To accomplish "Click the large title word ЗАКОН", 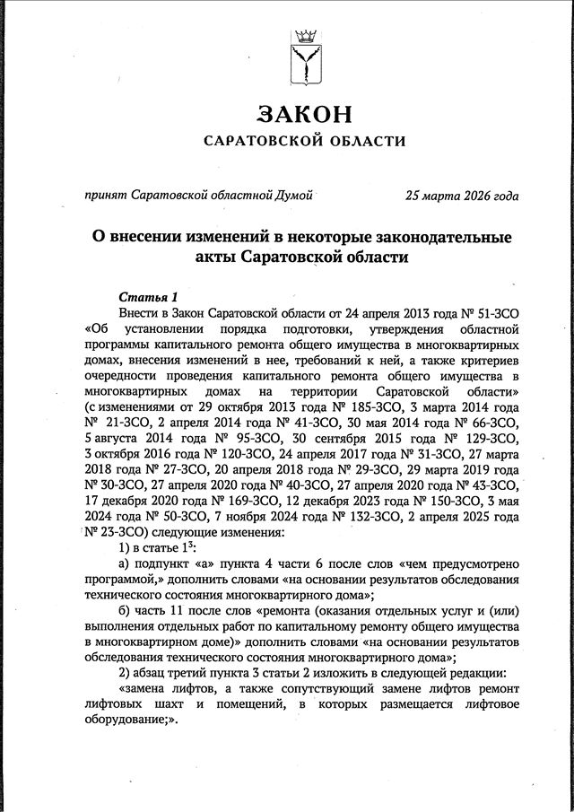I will click(x=303, y=114).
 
